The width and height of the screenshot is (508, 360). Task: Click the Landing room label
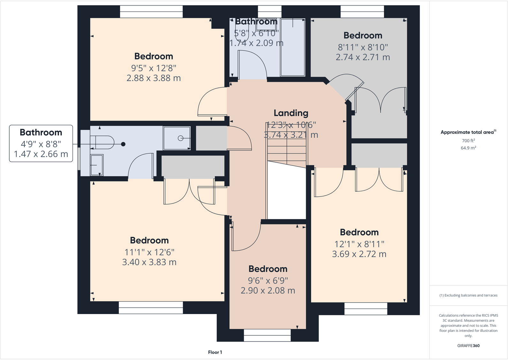pyautogui.click(x=291, y=113)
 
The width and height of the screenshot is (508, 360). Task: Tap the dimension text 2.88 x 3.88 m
pyautogui.click(x=154, y=78)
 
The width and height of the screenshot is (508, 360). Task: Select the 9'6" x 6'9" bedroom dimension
pyautogui.click(x=268, y=280)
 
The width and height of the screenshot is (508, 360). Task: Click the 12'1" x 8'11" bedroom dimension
pyautogui.click(x=359, y=244)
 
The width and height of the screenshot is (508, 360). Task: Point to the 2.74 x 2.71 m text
pyautogui.click(x=363, y=57)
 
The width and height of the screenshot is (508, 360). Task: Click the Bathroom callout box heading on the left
pyautogui.click(x=41, y=132)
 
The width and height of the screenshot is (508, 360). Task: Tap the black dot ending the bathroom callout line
pyautogui.click(x=123, y=144)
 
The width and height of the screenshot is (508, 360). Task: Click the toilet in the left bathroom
pyautogui.click(x=102, y=142)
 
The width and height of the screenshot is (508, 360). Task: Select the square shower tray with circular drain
pyautogui.click(x=177, y=138)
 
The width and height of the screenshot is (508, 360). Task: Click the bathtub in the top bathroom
pyautogui.click(x=292, y=48)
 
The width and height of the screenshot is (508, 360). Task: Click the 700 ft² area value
pyautogui.click(x=468, y=141)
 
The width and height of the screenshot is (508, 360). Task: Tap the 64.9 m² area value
pyautogui.click(x=468, y=148)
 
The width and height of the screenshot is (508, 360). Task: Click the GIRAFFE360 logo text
pyautogui.click(x=468, y=346)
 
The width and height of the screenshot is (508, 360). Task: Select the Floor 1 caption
pyautogui.click(x=215, y=352)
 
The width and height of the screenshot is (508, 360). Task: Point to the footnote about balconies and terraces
pyautogui.click(x=468, y=295)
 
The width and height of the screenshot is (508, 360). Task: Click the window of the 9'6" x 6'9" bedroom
pyautogui.click(x=267, y=335)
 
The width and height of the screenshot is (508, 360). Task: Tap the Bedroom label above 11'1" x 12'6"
pyautogui.click(x=149, y=240)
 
